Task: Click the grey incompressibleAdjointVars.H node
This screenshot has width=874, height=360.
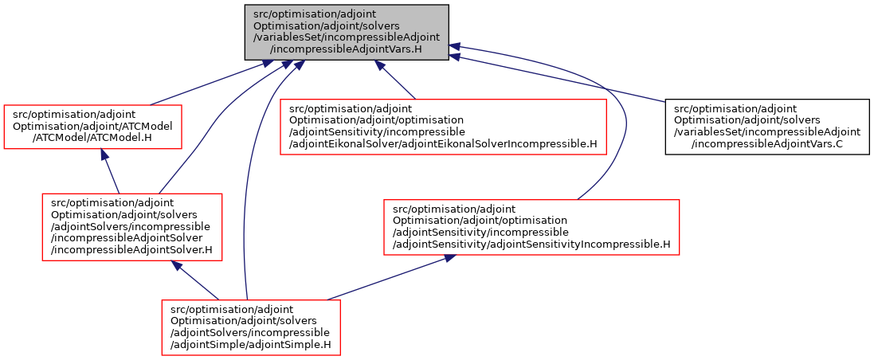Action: (347, 33)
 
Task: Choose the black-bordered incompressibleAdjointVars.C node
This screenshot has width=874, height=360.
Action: (767, 135)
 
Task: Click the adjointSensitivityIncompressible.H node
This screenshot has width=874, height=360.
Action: (531, 227)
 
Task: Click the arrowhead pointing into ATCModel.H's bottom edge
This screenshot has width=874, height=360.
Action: (104, 155)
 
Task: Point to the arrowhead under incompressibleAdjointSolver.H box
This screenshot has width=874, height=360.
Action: (177, 266)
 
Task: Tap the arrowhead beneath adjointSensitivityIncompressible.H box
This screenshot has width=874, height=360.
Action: (449, 259)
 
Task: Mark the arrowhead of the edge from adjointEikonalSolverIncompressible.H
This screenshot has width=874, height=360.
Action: (380, 65)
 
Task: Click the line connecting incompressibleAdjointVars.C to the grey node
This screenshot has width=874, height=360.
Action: (558, 79)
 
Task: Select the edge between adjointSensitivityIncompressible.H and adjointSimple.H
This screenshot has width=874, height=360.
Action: (390, 280)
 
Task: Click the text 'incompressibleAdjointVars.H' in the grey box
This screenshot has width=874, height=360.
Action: (346, 51)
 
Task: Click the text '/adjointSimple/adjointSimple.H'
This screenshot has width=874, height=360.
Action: (251, 344)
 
